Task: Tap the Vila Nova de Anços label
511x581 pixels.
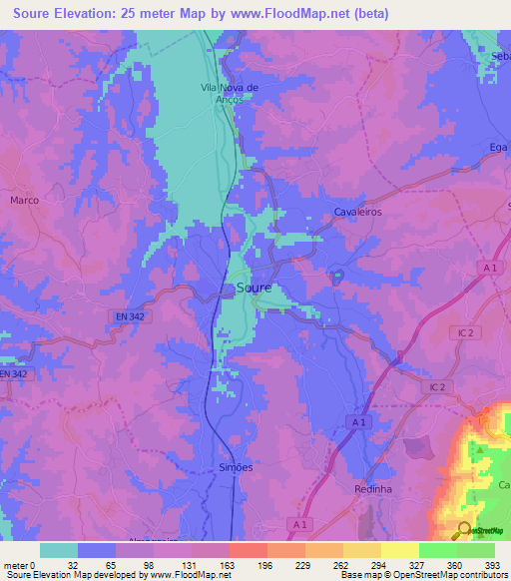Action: pos(230,95)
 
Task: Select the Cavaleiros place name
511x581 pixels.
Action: pos(357,213)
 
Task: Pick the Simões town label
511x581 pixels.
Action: pos(236,467)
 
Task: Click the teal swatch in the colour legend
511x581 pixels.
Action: pos(58,550)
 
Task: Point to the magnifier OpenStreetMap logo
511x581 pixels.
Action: pos(465,529)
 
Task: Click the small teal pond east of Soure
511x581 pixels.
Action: pos(337,276)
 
